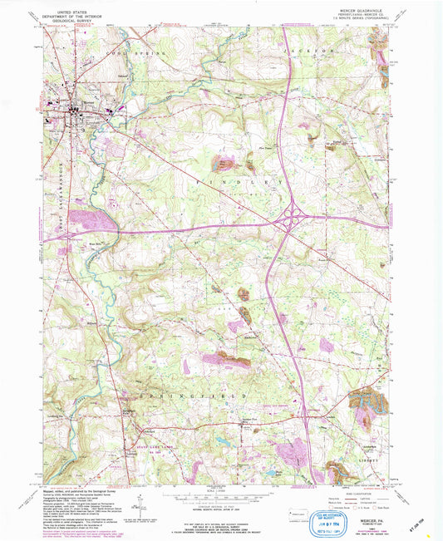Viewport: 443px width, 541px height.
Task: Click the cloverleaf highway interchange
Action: (x=292, y=219)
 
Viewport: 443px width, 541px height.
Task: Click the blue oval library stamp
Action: (x=286, y=506)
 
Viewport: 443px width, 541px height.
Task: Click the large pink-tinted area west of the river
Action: (x=91, y=221)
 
